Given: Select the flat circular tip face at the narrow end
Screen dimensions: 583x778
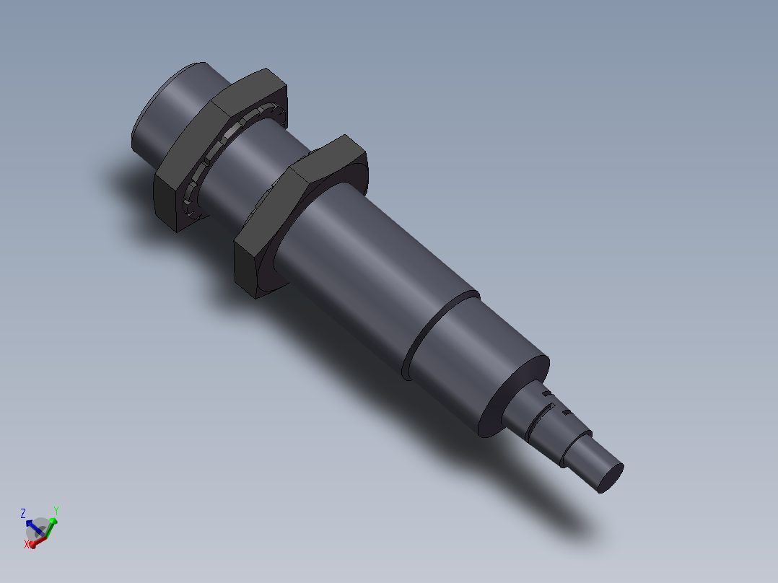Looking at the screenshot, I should coord(611,478).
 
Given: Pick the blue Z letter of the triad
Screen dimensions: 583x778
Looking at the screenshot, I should coord(23,513).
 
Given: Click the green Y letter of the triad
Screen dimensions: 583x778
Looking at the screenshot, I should coord(56,511).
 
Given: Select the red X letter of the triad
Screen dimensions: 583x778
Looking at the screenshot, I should coord(27,544).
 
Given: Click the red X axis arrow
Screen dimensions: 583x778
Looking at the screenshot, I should coord(40,538).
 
